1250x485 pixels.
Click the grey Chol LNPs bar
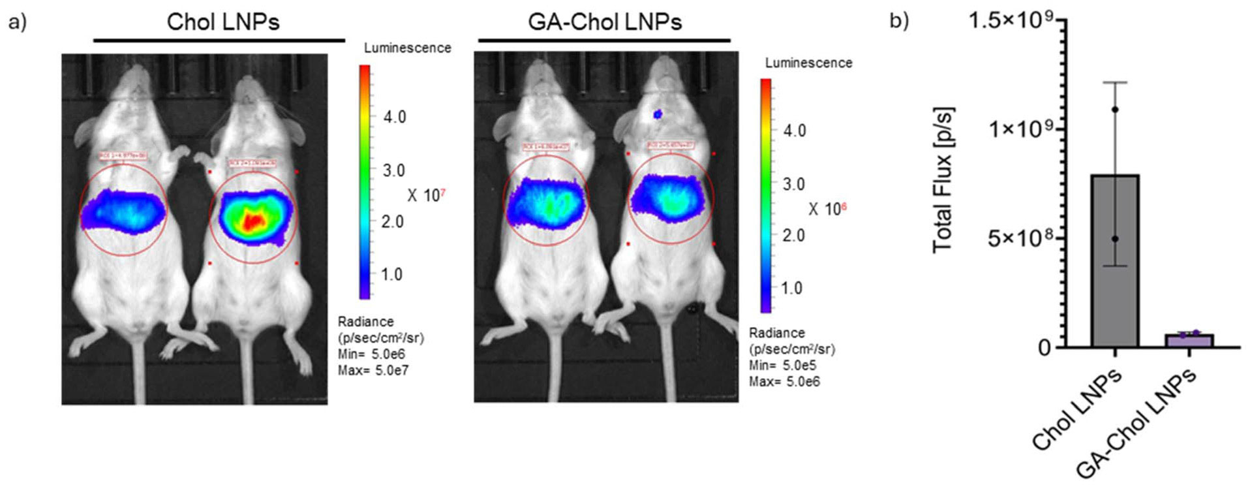point(1114,261)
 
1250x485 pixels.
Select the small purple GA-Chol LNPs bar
point(1189,340)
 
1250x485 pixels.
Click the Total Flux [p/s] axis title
point(943,180)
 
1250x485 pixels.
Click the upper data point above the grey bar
point(1115,110)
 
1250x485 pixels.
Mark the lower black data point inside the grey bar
point(1115,239)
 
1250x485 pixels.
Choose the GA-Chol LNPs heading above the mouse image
point(605,22)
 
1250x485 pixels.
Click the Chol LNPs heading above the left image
point(223,22)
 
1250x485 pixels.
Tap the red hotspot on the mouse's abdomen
point(252,221)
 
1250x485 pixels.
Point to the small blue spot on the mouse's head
point(658,114)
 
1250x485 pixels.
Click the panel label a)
point(18,22)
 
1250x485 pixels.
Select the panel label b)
point(899,21)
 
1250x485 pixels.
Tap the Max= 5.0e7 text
point(373,371)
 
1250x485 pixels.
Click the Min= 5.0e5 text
point(782,366)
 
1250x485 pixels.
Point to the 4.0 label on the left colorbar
point(394,117)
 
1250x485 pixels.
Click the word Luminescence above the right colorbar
point(808,63)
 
